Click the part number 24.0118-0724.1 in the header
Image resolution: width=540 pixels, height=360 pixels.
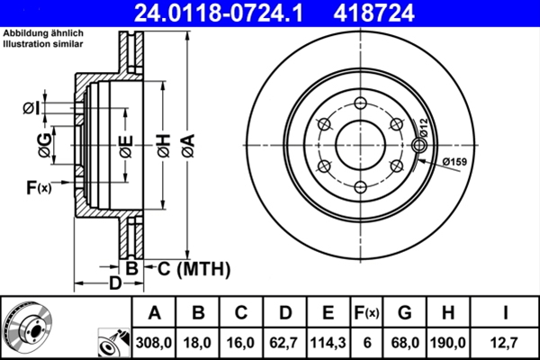tap(219, 13)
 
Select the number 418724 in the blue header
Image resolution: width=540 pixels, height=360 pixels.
tap(373, 13)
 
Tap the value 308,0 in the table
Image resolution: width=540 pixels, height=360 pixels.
tap(154, 343)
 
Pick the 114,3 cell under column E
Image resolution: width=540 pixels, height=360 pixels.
tap(328, 343)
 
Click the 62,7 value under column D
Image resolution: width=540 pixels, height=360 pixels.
tap(284, 343)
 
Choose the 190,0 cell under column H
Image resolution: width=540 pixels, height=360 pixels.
tap(448, 343)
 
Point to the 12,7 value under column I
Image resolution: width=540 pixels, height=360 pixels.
tap(505, 343)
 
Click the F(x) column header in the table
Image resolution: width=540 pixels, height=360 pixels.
tap(366, 313)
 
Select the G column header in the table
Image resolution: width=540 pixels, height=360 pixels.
tap(405, 313)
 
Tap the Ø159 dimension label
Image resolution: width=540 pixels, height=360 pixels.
tap(454, 161)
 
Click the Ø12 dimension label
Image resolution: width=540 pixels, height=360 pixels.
tap(423, 128)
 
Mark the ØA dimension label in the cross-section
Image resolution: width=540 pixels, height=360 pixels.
tap(188, 146)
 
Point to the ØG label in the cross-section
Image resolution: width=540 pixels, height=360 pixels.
tap(45, 146)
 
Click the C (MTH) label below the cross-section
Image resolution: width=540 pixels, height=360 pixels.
tap(193, 269)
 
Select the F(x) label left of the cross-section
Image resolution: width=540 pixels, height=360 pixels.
tap(39, 188)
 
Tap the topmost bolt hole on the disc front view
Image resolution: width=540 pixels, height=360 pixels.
tap(360, 103)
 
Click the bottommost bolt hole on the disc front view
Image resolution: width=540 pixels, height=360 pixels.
tap(360, 187)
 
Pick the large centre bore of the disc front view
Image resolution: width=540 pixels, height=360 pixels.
tap(360, 145)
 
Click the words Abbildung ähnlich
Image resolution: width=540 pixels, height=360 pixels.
tap(43, 33)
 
